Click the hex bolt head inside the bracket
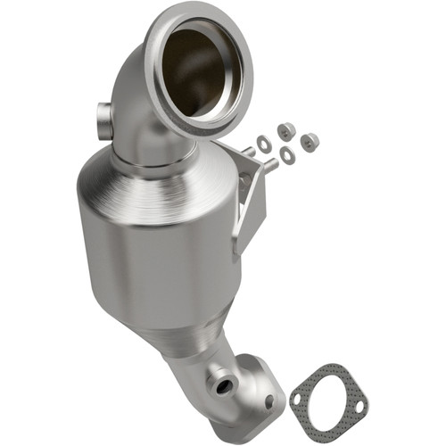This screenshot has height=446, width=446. [x=245, y=182]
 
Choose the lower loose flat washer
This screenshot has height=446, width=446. [x=287, y=155]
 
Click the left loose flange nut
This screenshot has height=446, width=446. [x=285, y=131]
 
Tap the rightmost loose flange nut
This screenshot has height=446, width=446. [x=310, y=141]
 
